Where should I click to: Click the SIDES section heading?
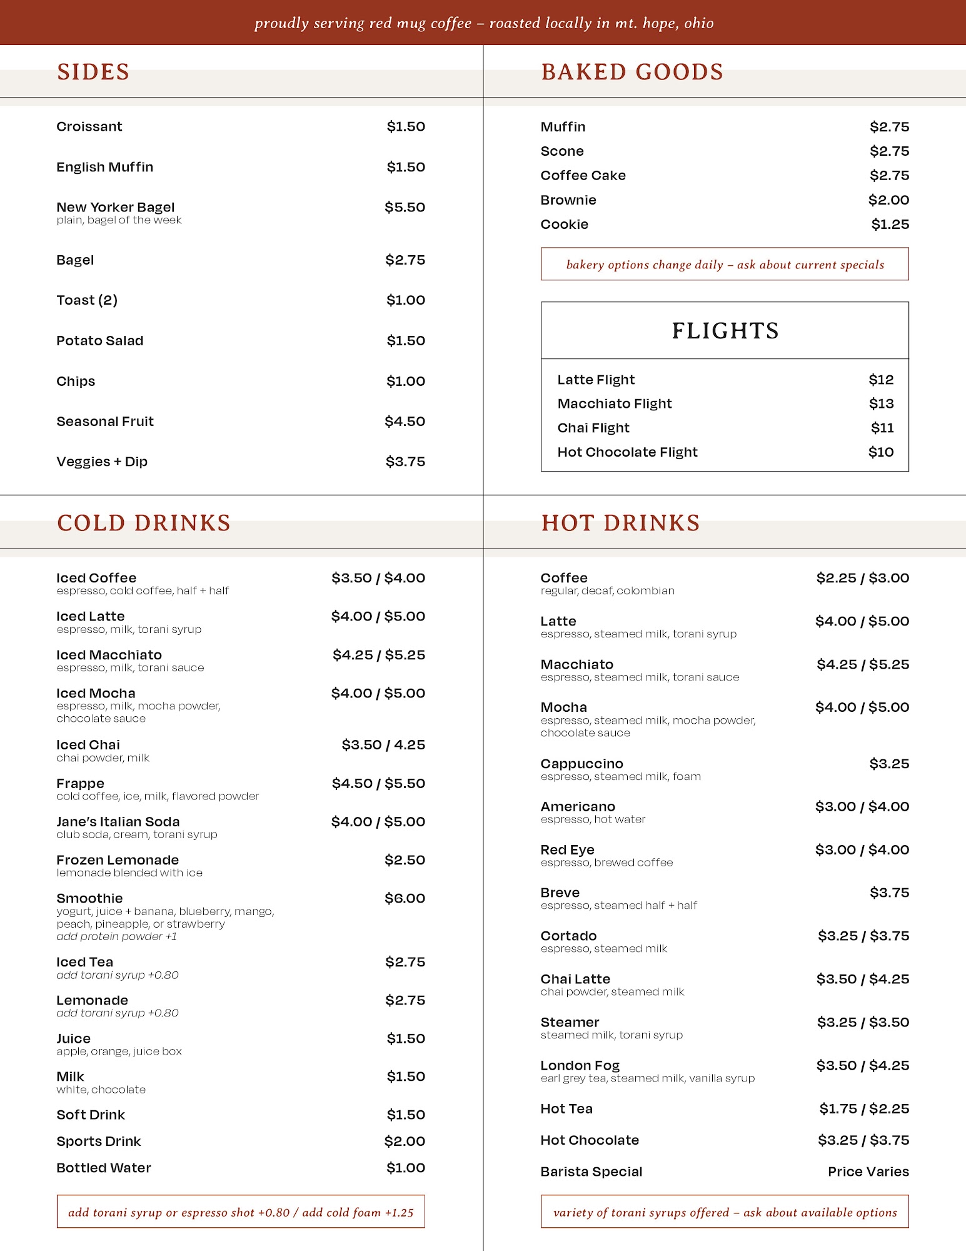pyautogui.click(x=93, y=72)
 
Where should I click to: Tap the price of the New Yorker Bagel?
pyautogui.click(x=405, y=207)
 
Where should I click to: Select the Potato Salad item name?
pyautogui.click(x=100, y=341)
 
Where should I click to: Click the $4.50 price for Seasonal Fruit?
pyautogui.click(x=405, y=422)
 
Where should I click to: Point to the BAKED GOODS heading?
pyautogui.click(x=631, y=72)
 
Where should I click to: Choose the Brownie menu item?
pyautogui.click(x=568, y=200)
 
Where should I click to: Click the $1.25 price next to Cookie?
pyautogui.click(x=890, y=225)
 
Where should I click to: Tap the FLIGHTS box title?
pyautogui.click(x=725, y=331)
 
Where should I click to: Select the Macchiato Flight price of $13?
pyautogui.click(x=881, y=404)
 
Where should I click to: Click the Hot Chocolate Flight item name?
pyautogui.click(x=627, y=452)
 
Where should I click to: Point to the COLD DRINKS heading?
pyautogui.click(x=144, y=523)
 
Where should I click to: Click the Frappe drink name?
pyautogui.click(x=80, y=784)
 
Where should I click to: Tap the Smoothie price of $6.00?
pyautogui.click(x=405, y=898)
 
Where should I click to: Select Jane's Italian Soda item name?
pyautogui.click(x=118, y=822)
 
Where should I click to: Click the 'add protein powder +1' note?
pyautogui.click(x=117, y=936)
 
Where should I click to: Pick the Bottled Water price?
pyautogui.click(x=405, y=1168)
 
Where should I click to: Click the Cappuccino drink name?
pyautogui.click(x=581, y=764)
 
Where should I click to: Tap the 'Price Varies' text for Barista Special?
pyautogui.click(x=868, y=1172)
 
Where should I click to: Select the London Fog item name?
pyautogui.click(x=580, y=1065)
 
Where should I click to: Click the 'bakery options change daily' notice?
pyautogui.click(x=725, y=265)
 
